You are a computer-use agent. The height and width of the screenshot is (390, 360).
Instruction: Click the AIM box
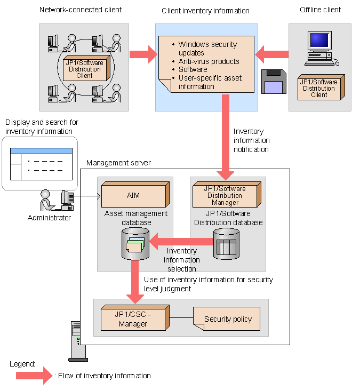coord(133,196)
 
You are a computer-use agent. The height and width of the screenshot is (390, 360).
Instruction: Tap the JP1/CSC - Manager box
coord(133,319)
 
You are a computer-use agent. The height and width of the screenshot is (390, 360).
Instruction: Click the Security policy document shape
coord(228,319)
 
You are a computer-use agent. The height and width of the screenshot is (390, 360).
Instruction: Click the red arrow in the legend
coord(32,376)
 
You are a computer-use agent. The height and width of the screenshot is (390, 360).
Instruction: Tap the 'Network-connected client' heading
coord(80,10)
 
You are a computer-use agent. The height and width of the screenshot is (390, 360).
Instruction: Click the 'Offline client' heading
coord(320,10)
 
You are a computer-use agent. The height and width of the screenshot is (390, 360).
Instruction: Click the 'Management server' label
coord(118,163)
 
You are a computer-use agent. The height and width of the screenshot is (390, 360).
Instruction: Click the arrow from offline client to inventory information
coord(271,54)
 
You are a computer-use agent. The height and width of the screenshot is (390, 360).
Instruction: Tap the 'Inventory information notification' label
coord(251,140)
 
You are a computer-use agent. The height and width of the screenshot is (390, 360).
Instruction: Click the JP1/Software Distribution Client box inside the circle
coord(84,69)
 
